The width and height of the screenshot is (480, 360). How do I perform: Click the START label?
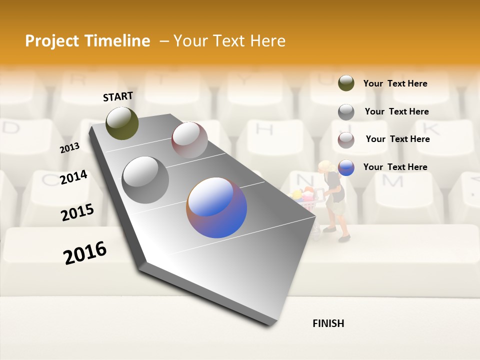pyautogui.click(x=118, y=96)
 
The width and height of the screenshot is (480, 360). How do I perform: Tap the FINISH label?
pyautogui.click(x=328, y=323)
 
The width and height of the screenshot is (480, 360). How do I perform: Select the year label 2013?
pyautogui.click(x=69, y=148)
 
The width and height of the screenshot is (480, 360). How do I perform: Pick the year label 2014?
pyautogui.click(x=73, y=177)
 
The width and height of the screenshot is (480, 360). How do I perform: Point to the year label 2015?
pyautogui.click(x=77, y=212)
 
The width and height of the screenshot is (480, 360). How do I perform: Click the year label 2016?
pyautogui.click(x=85, y=253)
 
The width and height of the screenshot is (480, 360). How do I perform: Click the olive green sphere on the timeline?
pyautogui.click(x=122, y=123)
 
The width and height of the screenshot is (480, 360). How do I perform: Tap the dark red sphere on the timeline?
pyautogui.click(x=189, y=140)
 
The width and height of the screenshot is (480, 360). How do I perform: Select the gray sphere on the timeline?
pyautogui.click(x=145, y=180)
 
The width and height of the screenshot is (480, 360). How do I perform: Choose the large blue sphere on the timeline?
pyautogui.click(x=216, y=207)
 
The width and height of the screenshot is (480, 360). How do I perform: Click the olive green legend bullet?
pyautogui.click(x=346, y=83)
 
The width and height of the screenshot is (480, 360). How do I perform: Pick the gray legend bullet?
pyautogui.click(x=346, y=112)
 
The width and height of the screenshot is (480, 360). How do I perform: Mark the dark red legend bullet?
pyautogui.click(x=346, y=140)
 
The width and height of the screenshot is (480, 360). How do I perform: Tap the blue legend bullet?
pyautogui.click(x=346, y=167)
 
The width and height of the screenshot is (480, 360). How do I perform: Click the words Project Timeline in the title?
pyautogui.click(x=87, y=41)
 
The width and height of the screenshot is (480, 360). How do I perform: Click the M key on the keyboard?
pyautogui.click(x=395, y=181)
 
